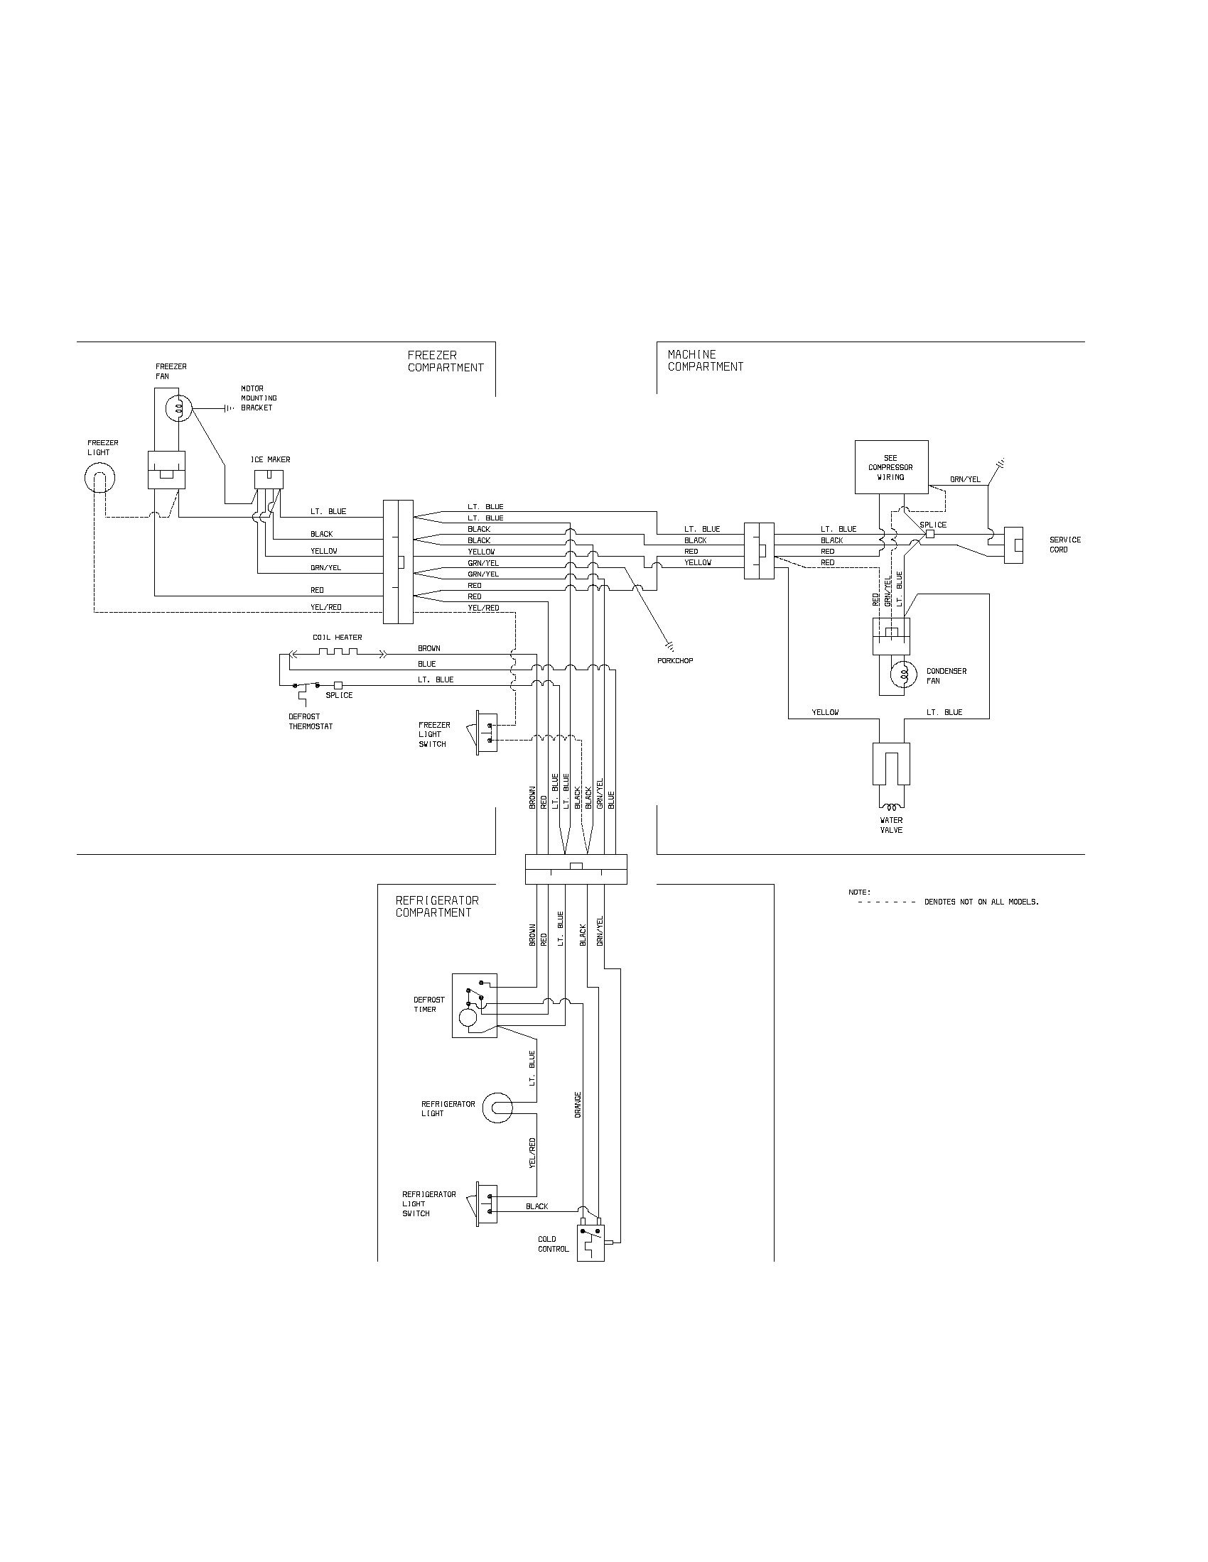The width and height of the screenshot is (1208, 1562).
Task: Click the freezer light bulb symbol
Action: click(x=100, y=478)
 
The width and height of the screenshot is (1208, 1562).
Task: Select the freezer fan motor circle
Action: click(x=178, y=408)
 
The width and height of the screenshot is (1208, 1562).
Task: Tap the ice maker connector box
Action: click(x=269, y=479)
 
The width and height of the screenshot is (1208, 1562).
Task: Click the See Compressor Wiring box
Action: click(x=892, y=467)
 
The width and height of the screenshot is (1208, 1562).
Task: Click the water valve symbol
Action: click(x=891, y=765)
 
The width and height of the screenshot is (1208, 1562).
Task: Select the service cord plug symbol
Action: click(x=1013, y=545)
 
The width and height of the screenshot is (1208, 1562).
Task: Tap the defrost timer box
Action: click(x=475, y=1005)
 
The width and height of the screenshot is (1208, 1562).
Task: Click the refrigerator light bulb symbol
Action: click(x=497, y=1108)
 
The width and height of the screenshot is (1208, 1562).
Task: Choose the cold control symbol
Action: click(x=590, y=1243)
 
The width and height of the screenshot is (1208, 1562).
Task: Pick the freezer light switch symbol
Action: click(x=487, y=733)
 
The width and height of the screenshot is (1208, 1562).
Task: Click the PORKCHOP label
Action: click(x=675, y=661)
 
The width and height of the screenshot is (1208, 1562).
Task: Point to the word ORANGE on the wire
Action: click(x=578, y=1104)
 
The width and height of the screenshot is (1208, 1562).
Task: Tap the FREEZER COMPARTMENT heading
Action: click(x=445, y=361)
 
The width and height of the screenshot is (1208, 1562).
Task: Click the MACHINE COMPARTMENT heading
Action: click(x=705, y=361)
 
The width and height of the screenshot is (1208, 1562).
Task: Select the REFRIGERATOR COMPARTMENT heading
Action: click(x=436, y=906)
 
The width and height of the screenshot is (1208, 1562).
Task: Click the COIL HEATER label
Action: click(x=337, y=638)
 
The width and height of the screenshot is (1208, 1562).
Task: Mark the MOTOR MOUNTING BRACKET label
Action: click(x=259, y=398)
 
